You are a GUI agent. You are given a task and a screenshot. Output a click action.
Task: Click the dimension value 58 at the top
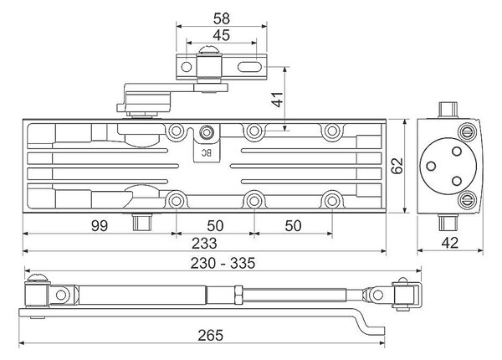(x=222, y=18)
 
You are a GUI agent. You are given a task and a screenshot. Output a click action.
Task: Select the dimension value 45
(x=222, y=35)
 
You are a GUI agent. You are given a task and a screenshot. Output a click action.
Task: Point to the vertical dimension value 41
(x=278, y=100)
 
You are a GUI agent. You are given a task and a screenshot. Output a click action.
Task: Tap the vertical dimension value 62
(x=397, y=166)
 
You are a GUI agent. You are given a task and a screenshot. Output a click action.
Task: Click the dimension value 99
(x=100, y=225)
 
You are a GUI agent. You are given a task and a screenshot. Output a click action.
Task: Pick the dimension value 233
(x=204, y=243)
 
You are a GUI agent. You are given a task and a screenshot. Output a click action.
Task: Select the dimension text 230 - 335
(x=223, y=263)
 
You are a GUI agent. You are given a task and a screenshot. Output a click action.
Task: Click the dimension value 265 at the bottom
(x=210, y=335)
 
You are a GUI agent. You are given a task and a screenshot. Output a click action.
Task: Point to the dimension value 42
(x=450, y=243)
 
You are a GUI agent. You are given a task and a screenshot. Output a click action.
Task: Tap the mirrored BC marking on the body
(x=207, y=153)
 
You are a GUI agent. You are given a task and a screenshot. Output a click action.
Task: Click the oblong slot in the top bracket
(x=248, y=67)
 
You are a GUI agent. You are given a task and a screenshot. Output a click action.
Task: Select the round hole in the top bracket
(x=187, y=67)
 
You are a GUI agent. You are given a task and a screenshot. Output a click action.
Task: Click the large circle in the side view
(x=448, y=167)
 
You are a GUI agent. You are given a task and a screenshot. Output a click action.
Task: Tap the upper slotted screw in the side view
(x=468, y=131)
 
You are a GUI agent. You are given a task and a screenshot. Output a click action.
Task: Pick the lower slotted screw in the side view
(x=468, y=200)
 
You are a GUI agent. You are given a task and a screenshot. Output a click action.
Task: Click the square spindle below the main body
(x=142, y=221)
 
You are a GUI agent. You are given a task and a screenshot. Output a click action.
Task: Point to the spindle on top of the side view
(x=448, y=110)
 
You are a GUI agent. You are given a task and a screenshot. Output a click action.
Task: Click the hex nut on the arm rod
(x=239, y=295)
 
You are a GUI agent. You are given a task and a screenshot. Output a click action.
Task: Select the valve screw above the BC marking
(x=207, y=131)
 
